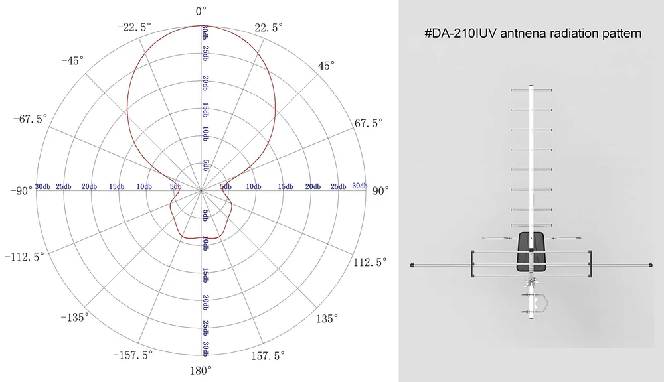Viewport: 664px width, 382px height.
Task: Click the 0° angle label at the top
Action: (x=201, y=11)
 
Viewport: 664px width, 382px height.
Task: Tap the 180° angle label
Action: (x=201, y=371)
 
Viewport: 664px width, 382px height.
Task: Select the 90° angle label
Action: (x=380, y=191)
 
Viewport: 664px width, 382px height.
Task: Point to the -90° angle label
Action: (x=21, y=191)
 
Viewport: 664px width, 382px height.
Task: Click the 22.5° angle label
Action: (x=269, y=27)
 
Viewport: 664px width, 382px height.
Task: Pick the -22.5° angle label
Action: (x=134, y=27)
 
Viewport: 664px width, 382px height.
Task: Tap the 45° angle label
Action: (x=327, y=66)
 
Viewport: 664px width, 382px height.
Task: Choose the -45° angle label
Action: (x=72, y=61)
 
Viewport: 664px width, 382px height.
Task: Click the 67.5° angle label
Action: (x=369, y=123)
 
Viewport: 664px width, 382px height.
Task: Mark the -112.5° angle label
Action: (x=25, y=257)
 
